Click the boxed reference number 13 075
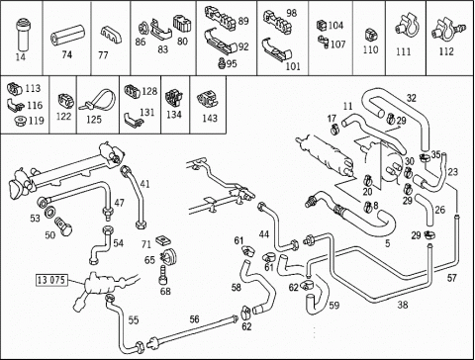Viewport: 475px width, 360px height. coord(51,280)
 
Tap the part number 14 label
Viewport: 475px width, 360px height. coord(21,56)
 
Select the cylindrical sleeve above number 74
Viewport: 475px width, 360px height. coord(67,36)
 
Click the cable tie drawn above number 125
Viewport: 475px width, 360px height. coord(98,101)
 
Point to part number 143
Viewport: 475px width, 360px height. coord(210,118)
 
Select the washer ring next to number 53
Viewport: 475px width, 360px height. coord(49,212)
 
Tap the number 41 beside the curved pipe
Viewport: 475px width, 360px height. coord(144,184)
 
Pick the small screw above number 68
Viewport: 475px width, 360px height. coord(163,275)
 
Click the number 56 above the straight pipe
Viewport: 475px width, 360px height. coord(194,318)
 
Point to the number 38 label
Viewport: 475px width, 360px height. coord(403,305)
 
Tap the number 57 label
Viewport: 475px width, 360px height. coord(451,278)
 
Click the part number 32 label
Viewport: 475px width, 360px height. coord(412,98)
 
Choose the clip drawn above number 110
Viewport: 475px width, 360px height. coord(371,35)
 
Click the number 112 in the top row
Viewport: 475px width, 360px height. coord(446,51)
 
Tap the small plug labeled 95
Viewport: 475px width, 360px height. coord(222,63)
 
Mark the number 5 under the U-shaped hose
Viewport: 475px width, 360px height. coord(388,243)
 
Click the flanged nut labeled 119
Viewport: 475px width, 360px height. coord(21,121)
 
